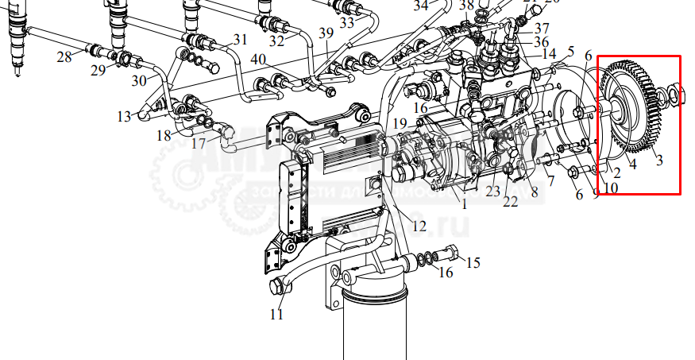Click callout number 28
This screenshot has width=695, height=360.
coord(64,56)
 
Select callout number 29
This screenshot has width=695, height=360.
coord(98,71)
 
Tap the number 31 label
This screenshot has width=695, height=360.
coord(240,39)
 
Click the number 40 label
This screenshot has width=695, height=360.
coord(258,60)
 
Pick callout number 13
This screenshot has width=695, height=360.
coord(123,116)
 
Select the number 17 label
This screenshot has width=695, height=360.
coord(198,144)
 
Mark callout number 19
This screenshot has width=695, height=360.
coord(400,123)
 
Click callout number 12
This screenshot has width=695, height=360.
coord(419,226)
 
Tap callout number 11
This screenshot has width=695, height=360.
coord(276,313)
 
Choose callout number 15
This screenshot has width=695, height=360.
coord(473,262)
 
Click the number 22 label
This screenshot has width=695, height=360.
coord(510,203)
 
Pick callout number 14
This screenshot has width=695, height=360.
coord(550,54)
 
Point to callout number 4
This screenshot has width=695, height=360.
coord(633,165)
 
